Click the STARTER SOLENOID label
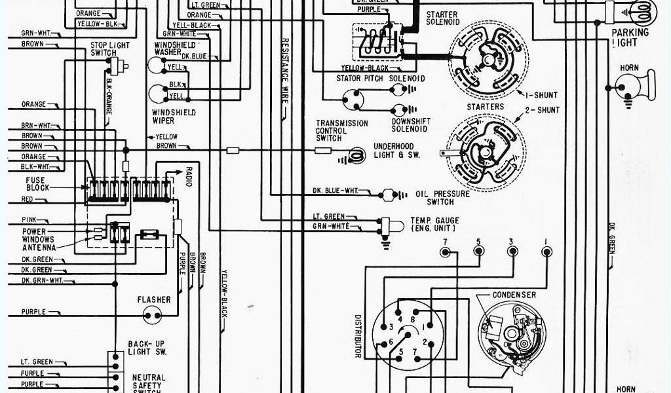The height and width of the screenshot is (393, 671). pyautogui.click(x=442, y=18)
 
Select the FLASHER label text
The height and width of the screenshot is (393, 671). pyautogui.click(x=154, y=300)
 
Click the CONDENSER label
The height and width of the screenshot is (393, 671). pyautogui.click(x=514, y=295)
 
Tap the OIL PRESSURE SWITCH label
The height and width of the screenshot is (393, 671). pyautogui.click(x=443, y=198)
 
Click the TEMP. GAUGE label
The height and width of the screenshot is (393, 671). pyautogui.click(x=434, y=224)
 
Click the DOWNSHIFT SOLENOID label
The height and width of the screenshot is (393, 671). pyautogui.click(x=410, y=125)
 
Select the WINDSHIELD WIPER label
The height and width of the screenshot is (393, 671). pyautogui.click(x=163, y=117)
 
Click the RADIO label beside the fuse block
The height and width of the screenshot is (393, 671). pyautogui.click(x=189, y=176)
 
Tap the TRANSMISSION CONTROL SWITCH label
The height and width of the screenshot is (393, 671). pyautogui.click(x=341, y=130)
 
